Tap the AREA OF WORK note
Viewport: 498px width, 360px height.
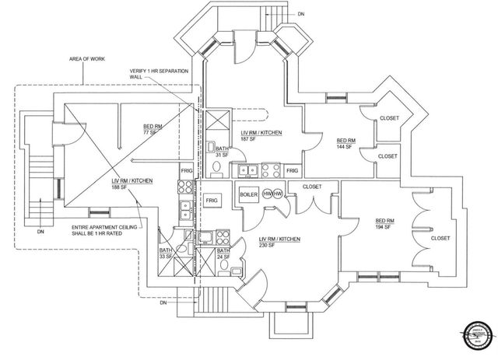tap(86, 59)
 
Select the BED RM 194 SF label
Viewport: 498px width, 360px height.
tap(385, 222)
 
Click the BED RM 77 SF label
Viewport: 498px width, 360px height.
tap(153, 129)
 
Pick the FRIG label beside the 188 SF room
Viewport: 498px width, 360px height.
tap(187, 170)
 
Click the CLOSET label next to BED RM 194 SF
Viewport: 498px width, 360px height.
tap(440, 238)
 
